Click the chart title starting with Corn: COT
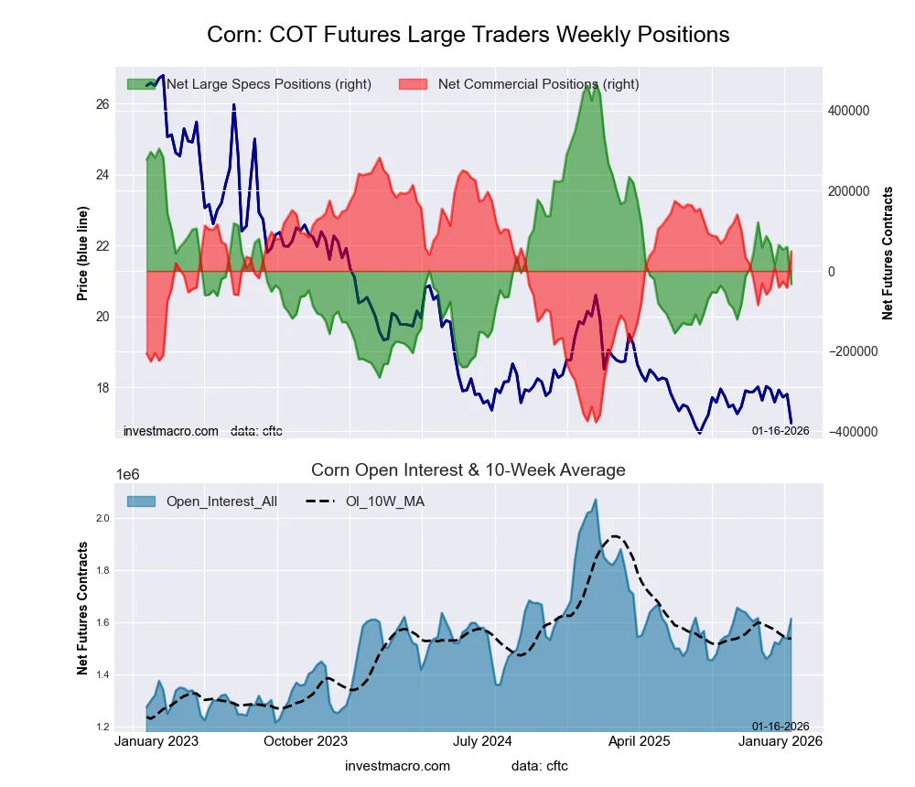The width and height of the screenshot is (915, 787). tap(468, 35)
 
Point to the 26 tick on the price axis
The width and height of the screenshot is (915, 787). tap(102, 104)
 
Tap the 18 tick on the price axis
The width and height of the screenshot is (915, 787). tap(102, 388)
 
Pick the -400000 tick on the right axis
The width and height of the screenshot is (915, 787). tap(853, 432)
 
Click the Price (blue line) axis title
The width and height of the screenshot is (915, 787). tap(82, 253)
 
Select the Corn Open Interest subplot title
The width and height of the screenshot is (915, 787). tap(468, 470)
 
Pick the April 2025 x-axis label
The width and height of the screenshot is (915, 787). tap(632, 741)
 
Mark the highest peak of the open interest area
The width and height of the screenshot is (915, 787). tap(596, 500)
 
